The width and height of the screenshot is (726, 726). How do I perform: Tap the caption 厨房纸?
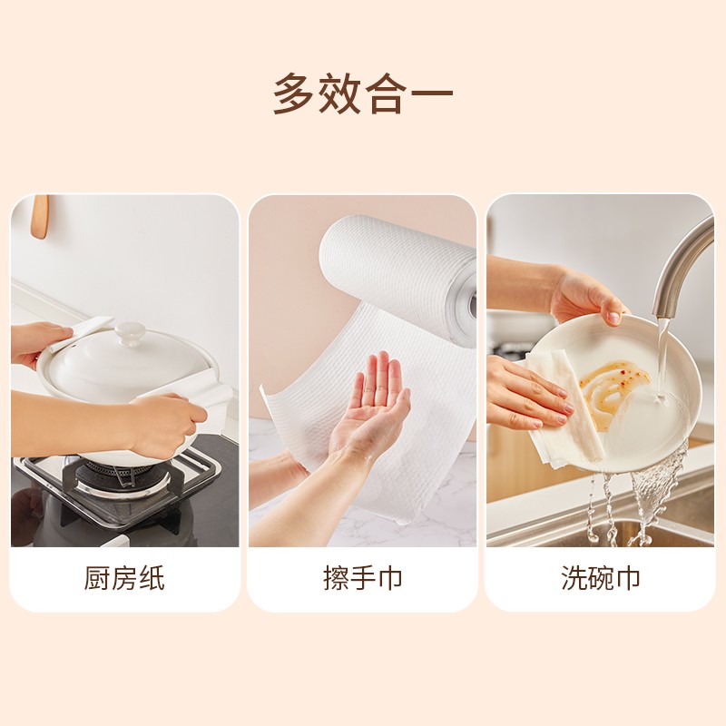pyautogui.click(x=125, y=579)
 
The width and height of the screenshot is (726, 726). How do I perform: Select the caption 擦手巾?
pyautogui.click(x=363, y=579)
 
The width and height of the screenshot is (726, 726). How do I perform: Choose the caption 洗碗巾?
pyautogui.click(x=600, y=579)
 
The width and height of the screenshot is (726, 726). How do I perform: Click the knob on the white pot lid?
pyautogui.click(x=130, y=333)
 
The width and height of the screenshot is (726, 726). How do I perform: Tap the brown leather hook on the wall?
pyautogui.click(x=39, y=217)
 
